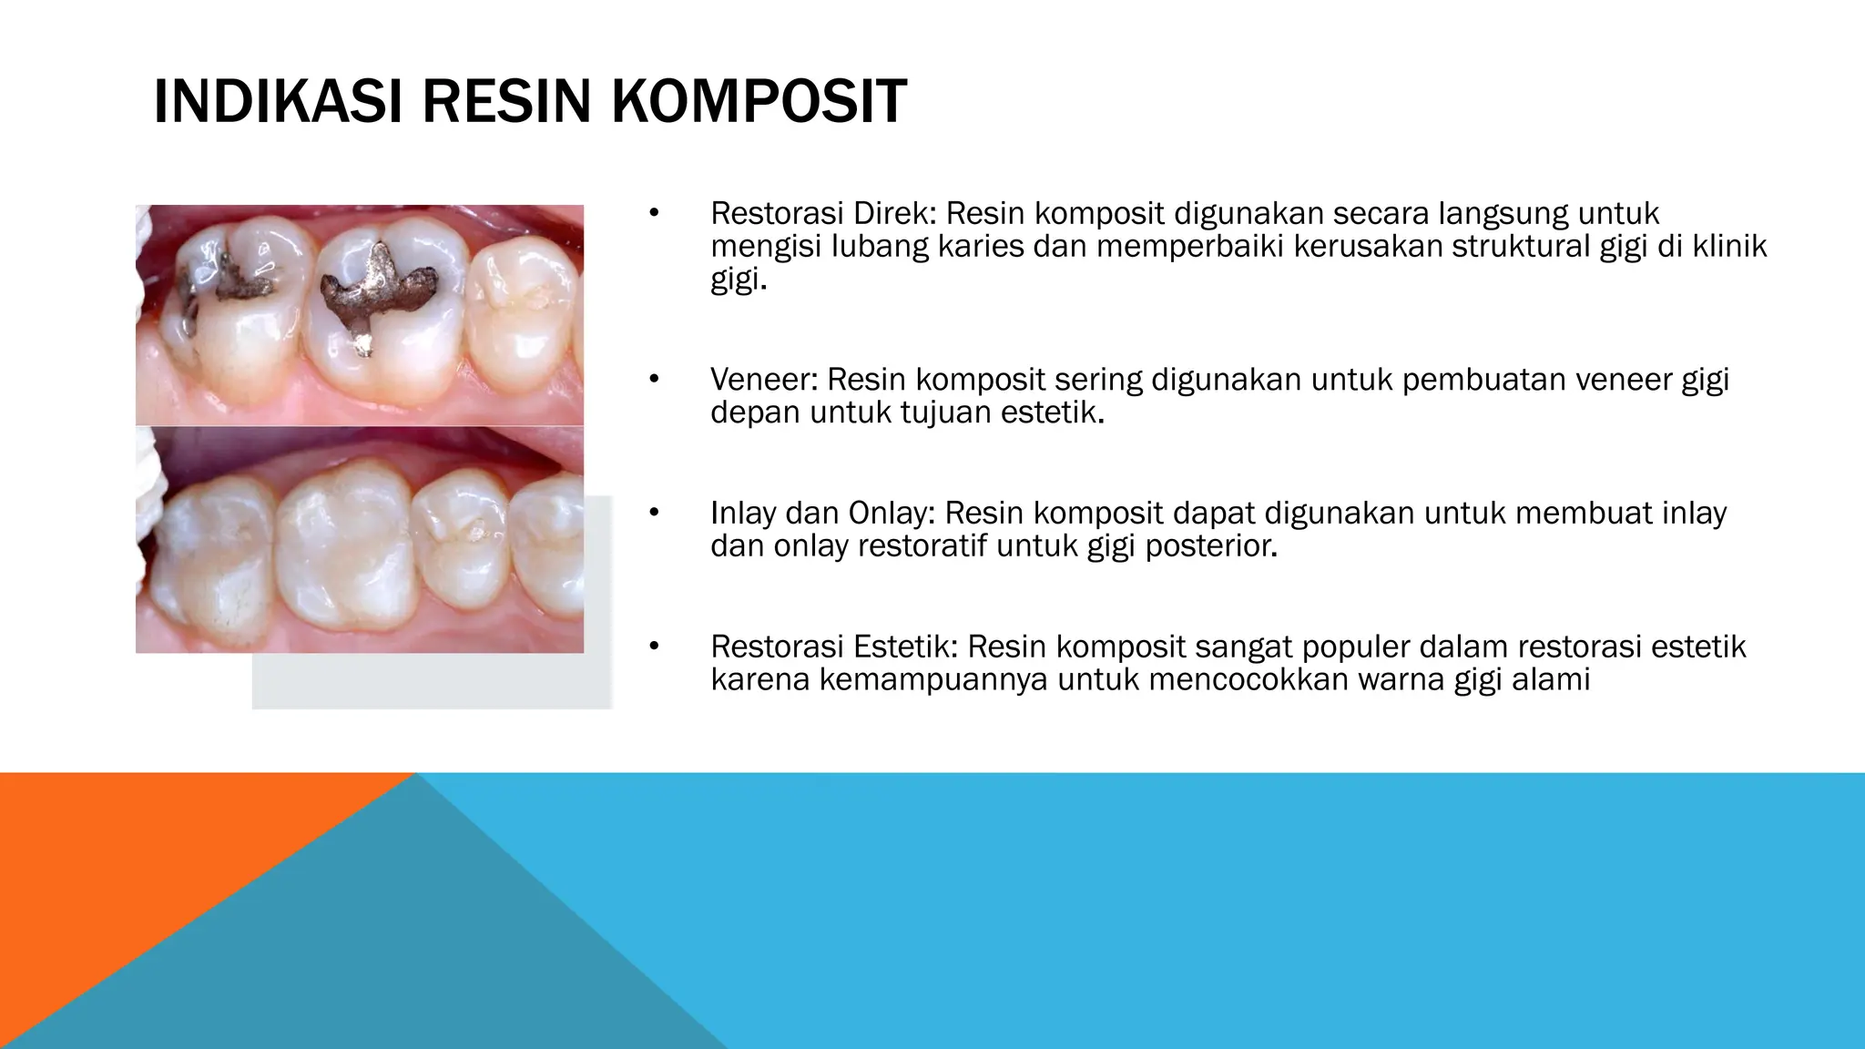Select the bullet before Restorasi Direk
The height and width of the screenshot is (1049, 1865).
[652, 214]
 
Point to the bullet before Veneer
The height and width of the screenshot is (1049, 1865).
[652, 380]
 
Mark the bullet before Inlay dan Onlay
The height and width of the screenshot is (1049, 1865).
[652, 514]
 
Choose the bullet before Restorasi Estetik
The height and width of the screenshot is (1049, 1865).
[652, 647]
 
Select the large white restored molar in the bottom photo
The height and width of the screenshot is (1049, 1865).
[341, 551]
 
